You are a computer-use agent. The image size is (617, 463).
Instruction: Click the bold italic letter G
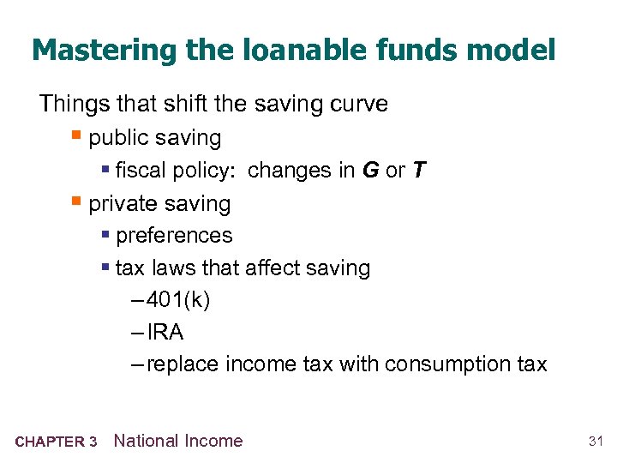pos(370,171)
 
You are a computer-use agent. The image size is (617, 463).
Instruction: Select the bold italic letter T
pos(418,171)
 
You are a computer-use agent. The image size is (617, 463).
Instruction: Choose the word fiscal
pos(139,171)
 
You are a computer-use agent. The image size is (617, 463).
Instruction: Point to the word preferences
pos(174,236)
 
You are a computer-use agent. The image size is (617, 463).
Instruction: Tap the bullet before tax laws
pos(105,268)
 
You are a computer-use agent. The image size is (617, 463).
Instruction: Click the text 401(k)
pos(178,300)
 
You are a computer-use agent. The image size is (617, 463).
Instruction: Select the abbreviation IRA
pos(165,332)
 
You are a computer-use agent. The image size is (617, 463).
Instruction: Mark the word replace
pos(182,364)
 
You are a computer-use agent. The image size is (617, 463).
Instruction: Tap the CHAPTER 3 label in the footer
pos(56,442)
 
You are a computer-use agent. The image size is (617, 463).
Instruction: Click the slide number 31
pos(596,442)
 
